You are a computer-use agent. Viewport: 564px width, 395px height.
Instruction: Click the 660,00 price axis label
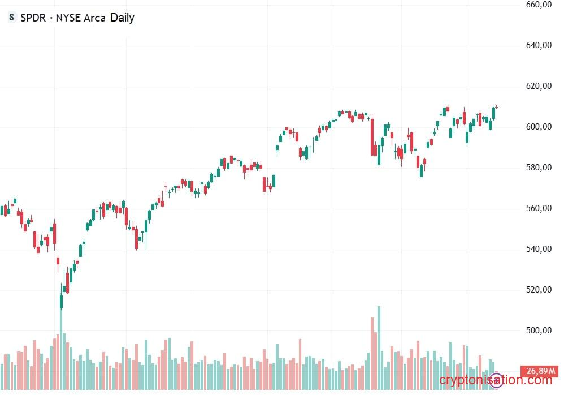pos(538,5)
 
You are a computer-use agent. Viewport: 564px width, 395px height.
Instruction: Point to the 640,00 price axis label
pos(538,45)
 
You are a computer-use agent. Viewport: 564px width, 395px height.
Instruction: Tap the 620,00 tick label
pos(538,86)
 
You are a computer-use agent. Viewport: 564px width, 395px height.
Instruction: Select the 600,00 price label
pos(538,127)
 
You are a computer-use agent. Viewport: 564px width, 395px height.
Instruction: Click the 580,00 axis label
pos(538,168)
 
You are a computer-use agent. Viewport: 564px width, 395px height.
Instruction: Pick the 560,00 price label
pos(538,208)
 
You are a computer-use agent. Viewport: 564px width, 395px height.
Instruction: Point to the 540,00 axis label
pos(538,249)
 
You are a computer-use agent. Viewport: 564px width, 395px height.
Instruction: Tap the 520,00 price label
pos(538,290)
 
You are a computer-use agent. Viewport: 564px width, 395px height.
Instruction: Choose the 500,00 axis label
pos(538,330)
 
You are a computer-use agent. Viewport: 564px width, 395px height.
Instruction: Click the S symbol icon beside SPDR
pos(11,18)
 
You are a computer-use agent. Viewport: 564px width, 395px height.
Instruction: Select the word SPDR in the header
pos(33,18)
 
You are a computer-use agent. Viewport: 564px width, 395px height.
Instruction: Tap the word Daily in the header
pos(122,18)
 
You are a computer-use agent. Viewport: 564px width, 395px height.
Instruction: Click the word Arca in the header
pos(94,18)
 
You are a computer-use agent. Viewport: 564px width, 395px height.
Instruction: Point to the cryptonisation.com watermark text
pos(495,380)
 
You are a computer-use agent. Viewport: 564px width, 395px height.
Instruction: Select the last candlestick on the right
pos(497,106)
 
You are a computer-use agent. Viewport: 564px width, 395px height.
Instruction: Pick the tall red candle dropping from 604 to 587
pos(372,136)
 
